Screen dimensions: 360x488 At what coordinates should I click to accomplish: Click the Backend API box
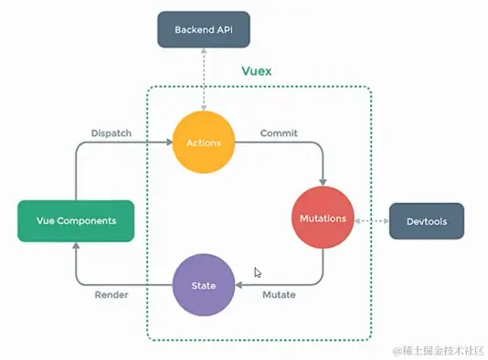(204, 29)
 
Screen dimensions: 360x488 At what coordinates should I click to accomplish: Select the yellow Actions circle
(204, 143)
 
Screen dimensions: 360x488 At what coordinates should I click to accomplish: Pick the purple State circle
(204, 285)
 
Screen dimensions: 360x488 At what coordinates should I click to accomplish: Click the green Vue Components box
(75, 220)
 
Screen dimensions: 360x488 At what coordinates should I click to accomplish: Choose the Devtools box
(426, 221)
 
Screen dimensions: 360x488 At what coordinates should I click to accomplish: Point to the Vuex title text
(257, 70)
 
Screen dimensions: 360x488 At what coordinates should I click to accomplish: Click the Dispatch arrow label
(111, 133)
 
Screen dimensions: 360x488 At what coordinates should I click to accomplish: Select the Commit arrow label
(279, 133)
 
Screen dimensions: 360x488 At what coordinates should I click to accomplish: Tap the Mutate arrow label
(279, 295)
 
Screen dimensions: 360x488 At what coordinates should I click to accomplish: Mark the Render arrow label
(111, 295)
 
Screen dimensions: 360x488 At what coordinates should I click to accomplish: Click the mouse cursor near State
(258, 272)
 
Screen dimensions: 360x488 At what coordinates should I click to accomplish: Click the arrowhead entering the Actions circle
(170, 143)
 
